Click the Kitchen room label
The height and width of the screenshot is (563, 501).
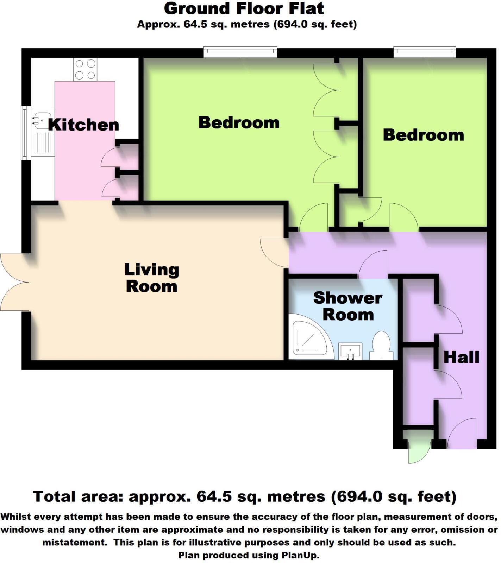pos(83,125)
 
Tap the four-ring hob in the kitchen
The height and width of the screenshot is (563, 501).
pos(85,69)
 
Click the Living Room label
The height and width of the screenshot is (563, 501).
pos(151,278)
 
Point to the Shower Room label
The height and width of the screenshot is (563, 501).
pos(348,306)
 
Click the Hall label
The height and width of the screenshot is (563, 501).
pos(461,358)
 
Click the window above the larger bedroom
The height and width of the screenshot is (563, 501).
pos(240,52)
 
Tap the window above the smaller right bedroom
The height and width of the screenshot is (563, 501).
pos(425,52)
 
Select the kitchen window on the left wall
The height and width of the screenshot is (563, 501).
pos(25,133)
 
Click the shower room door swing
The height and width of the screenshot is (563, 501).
pos(374,264)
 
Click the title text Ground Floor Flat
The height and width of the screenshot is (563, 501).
pos(244,9)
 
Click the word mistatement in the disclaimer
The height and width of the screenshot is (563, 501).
pos(75,543)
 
